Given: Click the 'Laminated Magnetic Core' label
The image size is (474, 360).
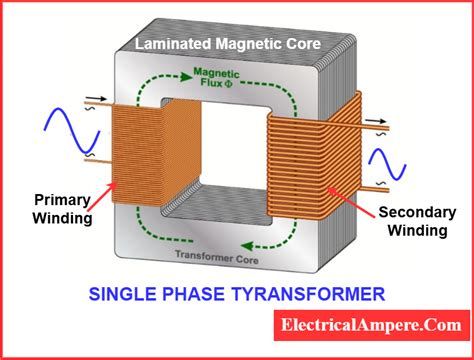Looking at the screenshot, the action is [228, 44].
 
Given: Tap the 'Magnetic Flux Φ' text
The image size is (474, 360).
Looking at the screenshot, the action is [216, 78].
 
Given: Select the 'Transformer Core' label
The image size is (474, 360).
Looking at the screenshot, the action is [217, 257].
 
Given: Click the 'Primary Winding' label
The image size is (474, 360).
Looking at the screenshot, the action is [62, 209].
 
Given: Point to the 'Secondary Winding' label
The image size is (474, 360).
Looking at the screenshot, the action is [417, 221].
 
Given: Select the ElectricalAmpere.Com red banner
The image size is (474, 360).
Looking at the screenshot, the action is [372, 325].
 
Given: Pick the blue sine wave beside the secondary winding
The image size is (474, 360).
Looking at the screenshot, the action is [387, 164].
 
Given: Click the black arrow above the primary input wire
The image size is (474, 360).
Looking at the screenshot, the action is [96, 99].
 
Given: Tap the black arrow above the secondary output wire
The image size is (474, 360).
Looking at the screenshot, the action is [376, 121].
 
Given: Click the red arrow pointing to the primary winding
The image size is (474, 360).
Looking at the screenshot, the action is [101, 196].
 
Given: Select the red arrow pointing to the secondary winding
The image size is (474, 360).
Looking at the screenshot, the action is [351, 202].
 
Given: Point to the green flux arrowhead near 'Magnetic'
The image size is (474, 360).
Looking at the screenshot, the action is [185, 77].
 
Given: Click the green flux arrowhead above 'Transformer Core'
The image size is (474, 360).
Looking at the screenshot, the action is [247, 246].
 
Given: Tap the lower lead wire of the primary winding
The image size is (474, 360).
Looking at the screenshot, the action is [98, 161].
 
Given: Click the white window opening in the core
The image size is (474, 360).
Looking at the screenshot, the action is [234, 143].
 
